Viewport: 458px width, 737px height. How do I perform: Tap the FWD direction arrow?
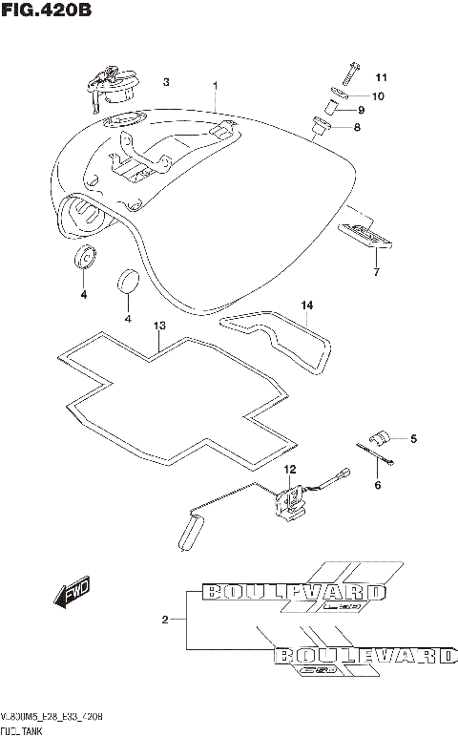(x=72, y=596)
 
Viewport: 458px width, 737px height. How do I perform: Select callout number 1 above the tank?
(x=216, y=85)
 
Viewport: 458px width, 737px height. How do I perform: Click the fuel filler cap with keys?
(x=109, y=85)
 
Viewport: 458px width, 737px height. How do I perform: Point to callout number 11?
(x=382, y=77)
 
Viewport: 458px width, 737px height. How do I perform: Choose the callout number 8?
(x=384, y=127)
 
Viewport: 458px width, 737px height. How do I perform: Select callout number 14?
(x=306, y=305)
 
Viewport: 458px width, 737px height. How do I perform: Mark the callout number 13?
(x=159, y=326)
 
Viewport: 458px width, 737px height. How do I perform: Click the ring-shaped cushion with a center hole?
(x=84, y=257)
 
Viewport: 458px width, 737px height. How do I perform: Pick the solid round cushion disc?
(x=128, y=283)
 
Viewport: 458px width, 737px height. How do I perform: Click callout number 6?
(x=377, y=485)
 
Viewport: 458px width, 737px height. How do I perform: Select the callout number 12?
(x=290, y=469)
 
